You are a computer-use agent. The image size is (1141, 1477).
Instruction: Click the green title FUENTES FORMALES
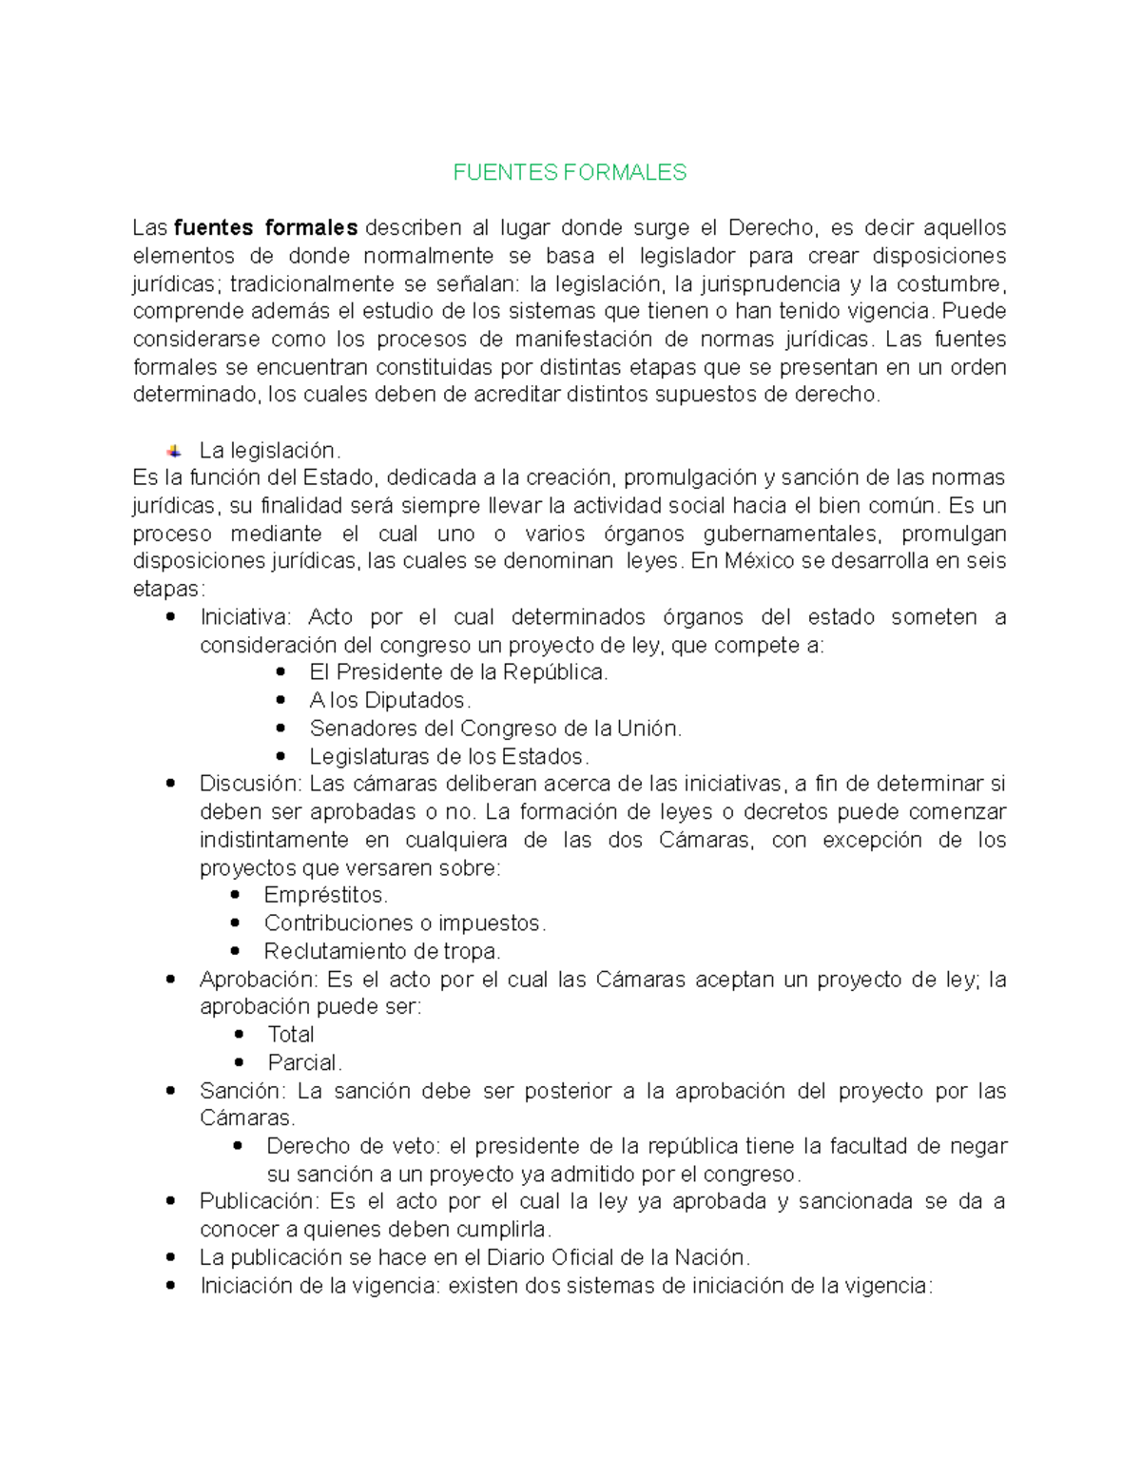[570, 172]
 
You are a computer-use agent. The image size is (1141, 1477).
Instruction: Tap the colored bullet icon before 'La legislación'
[174, 451]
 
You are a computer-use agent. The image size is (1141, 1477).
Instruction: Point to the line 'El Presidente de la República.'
[458, 672]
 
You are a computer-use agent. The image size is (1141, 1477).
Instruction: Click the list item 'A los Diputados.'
[390, 701]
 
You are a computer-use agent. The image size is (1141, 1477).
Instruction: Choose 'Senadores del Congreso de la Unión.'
[495, 729]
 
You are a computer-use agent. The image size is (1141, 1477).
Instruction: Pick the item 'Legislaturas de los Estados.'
[449, 757]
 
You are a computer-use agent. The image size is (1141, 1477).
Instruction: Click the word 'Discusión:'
[250, 784]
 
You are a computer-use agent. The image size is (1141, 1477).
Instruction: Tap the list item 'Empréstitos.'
[325, 896]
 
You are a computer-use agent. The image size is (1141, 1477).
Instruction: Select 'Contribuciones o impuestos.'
[405, 923]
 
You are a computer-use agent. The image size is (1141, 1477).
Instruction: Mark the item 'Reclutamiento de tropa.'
[381, 951]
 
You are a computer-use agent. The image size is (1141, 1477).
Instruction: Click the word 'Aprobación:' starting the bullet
[258, 980]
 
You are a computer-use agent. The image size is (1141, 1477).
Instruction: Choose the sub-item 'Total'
[290, 1035]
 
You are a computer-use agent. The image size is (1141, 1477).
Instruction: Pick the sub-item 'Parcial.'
[304, 1062]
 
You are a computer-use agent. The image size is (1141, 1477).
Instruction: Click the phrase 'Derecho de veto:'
[354, 1146]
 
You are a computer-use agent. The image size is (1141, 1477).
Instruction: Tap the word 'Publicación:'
[257, 1201]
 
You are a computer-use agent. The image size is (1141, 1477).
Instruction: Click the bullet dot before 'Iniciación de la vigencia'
[171, 1286]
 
